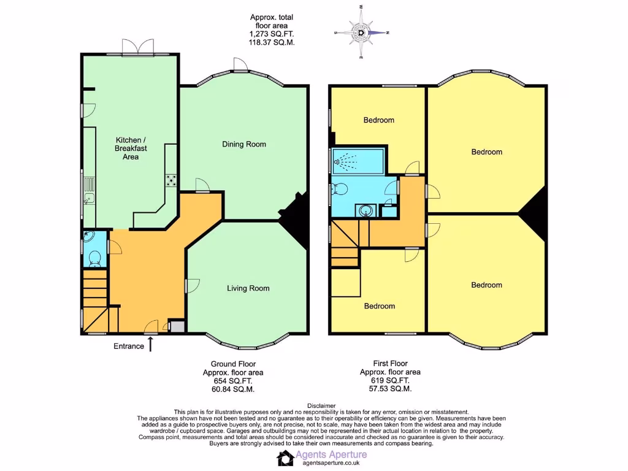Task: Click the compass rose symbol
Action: [x=361, y=33]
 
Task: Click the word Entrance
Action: [x=129, y=346]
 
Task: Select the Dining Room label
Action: [x=244, y=144]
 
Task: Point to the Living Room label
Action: [x=248, y=288]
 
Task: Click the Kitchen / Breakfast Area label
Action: [x=131, y=148]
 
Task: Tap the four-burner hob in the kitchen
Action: [x=171, y=180]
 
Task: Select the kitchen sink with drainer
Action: [x=89, y=190]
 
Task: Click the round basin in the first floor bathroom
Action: [x=366, y=210]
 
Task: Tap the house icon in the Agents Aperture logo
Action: [x=285, y=458]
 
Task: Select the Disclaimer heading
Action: [x=321, y=405]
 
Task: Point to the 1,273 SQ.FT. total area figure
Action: [x=265, y=34]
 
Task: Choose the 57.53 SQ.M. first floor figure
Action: [x=390, y=389]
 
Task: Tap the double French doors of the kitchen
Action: [x=137, y=48]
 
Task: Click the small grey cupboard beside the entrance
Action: [x=176, y=326]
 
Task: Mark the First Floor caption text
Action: [x=390, y=364]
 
